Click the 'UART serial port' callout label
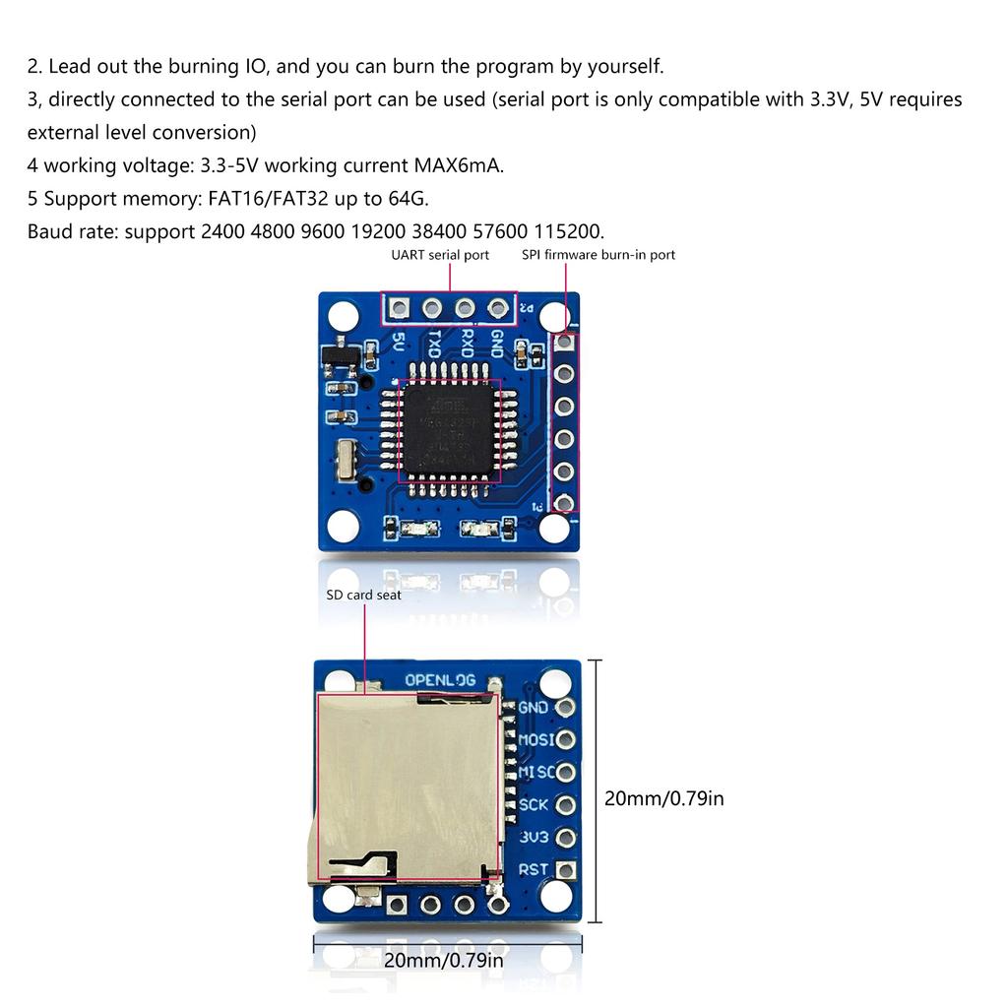[440, 255]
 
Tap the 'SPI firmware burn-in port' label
[598, 255]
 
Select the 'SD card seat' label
[363, 595]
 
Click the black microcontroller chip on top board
[449, 430]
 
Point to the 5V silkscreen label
[399, 343]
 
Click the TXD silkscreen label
[433, 345]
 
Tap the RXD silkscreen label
[467, 345]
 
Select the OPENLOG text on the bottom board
[440, 680]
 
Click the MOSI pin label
[535, 739]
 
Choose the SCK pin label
[534, 804]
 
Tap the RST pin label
[533, 869]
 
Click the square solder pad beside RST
[565, 870]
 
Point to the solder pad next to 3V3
[565, 838]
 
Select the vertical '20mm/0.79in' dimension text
[663, 798]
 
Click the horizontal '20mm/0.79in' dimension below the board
[443, 960]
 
